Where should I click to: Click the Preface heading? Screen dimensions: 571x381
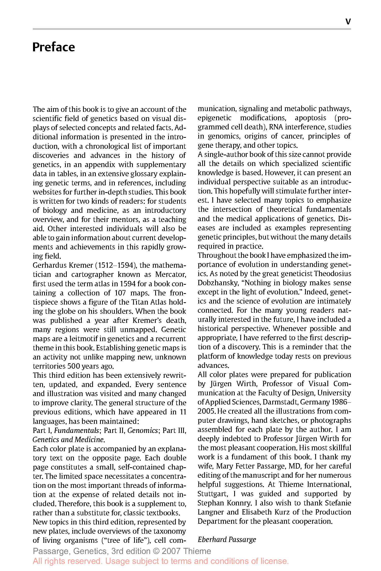click(54, 47)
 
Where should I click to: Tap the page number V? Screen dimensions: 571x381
click(348, 22)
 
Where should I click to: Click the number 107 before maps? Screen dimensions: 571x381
click(120, 293)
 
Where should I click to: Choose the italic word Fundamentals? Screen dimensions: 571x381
click(76, 430)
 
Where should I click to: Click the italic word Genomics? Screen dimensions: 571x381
click(142, 430)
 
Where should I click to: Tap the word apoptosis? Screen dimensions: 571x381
click(310, 118)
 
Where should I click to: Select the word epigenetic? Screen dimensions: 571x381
click(214, 118)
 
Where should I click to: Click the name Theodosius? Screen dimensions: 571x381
click(332, 274)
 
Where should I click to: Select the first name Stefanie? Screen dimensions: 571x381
click(338, 503)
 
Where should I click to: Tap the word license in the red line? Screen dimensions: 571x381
click(274, 561)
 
